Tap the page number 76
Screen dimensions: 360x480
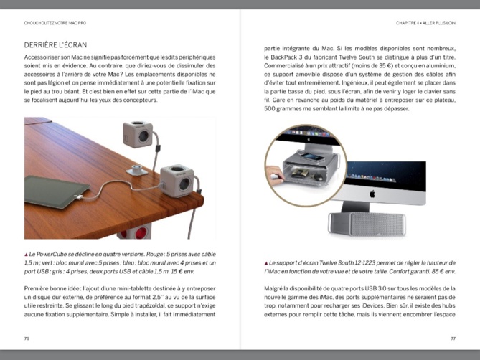coord(27,338)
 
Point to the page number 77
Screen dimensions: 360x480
coord(453,338)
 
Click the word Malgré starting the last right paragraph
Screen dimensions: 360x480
coord(276,288)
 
